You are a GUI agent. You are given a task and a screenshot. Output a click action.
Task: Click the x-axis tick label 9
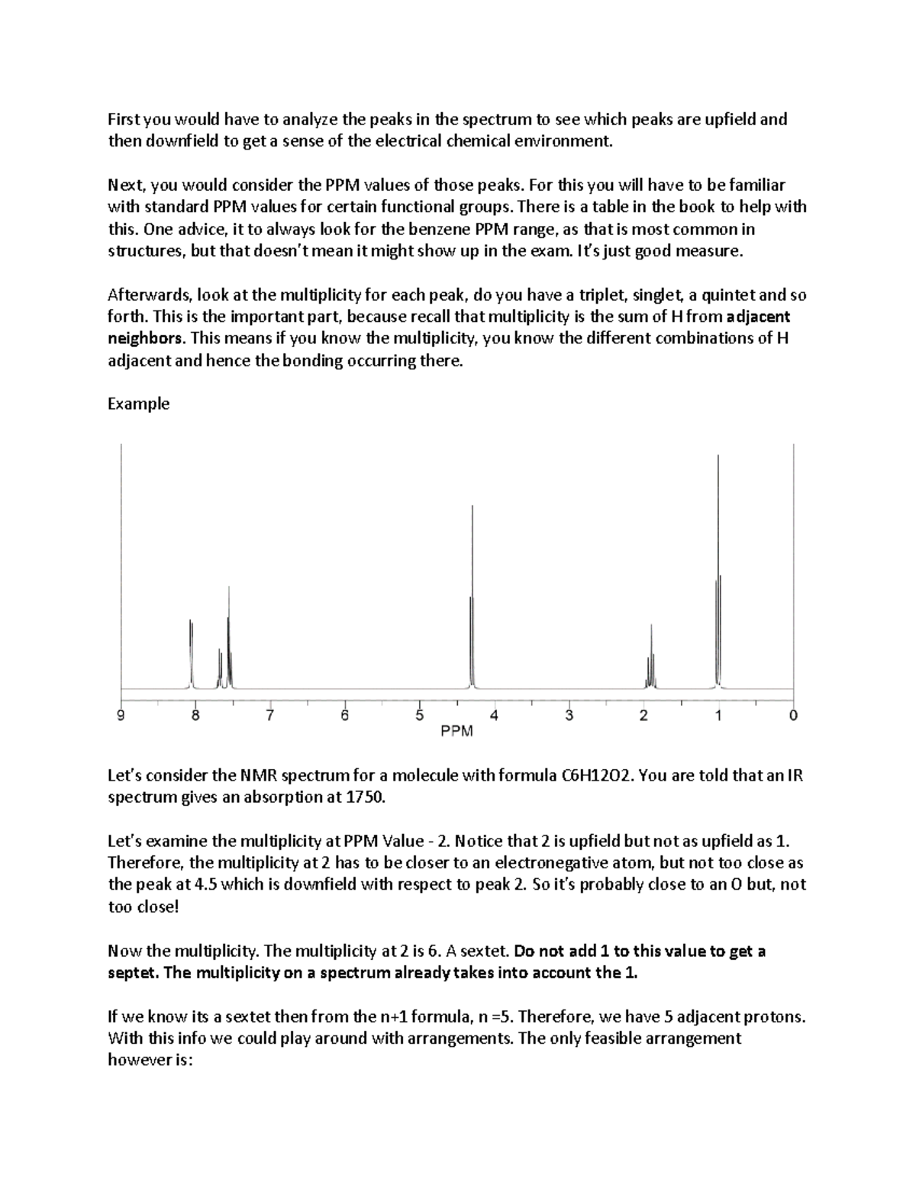(x=120, y=716)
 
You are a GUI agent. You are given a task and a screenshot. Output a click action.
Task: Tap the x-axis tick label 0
(x=794, y=716)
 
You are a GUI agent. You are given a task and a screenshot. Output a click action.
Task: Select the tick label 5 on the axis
(x=419, y=716)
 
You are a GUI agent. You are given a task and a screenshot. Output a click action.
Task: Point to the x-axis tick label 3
(x=569, y=716)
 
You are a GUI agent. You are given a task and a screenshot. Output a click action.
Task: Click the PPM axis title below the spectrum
(x=456, y=732)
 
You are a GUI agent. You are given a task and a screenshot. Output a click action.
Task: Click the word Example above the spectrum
(x=138, y=404)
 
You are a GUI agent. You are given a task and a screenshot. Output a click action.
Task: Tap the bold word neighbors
(x=145, y=338)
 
